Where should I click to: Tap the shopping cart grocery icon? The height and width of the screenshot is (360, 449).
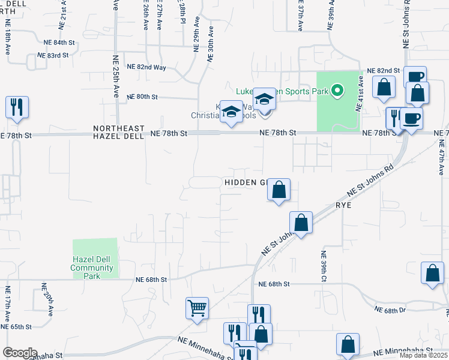point(197,308)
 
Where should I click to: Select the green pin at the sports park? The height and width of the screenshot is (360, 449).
point(337,91)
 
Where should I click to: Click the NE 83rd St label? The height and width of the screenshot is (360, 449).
point(52,55)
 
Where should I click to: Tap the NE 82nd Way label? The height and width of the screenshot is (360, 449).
point(146,67)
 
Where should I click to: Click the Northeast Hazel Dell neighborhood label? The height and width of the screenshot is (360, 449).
point(119,133)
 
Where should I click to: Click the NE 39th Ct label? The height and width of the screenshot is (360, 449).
point(323,266)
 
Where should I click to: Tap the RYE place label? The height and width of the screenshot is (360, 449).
point(344,204)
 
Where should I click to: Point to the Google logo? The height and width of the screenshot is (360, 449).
point(19,353)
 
